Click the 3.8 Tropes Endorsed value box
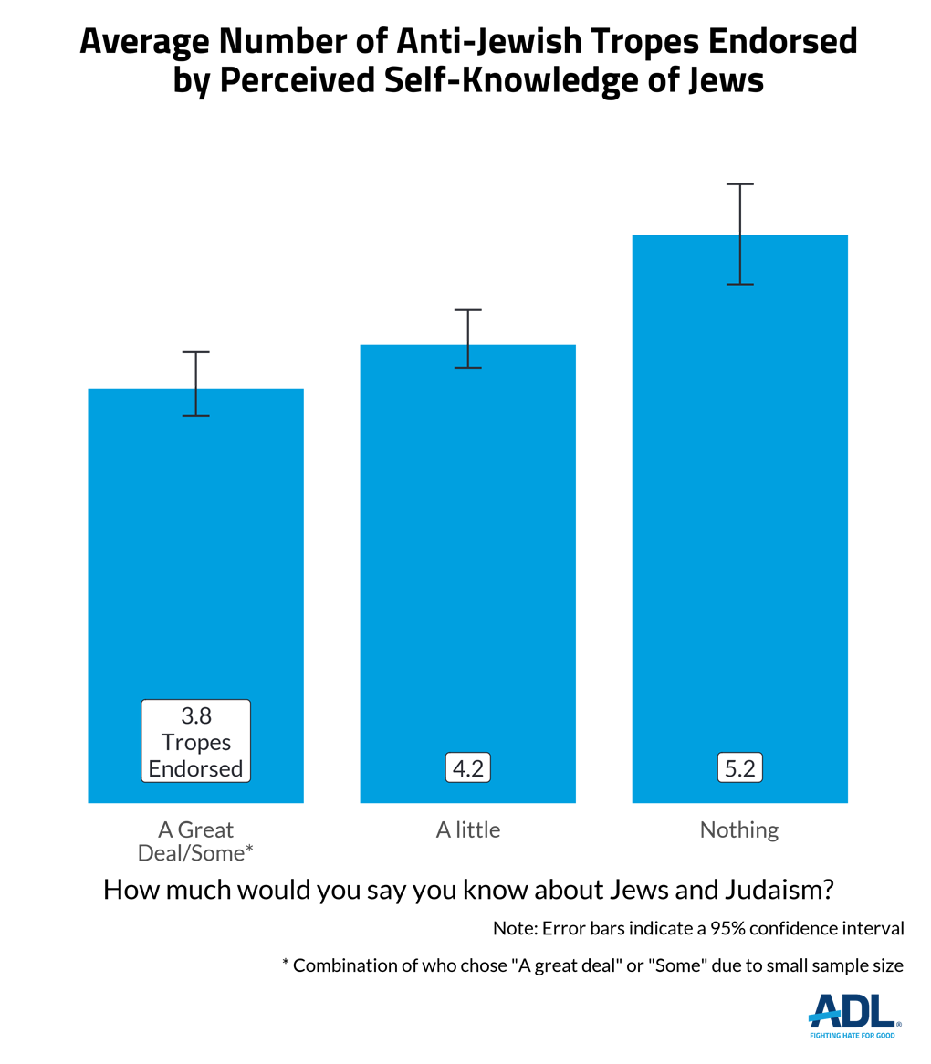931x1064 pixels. point(195,740)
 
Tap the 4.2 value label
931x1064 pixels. point(468,768)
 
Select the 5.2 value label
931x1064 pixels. point(739,768)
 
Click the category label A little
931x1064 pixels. point(468,829)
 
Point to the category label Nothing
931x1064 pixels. point(739,829)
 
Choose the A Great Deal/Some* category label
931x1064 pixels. point(195,840)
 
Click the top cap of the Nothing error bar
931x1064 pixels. point(740,184)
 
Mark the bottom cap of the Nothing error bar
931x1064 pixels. point(740,285)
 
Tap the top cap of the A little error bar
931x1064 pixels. point(468,310)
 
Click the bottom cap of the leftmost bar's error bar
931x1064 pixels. point(196,416)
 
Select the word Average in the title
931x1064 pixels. point(136,43)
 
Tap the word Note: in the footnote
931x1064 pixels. point(515,929)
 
